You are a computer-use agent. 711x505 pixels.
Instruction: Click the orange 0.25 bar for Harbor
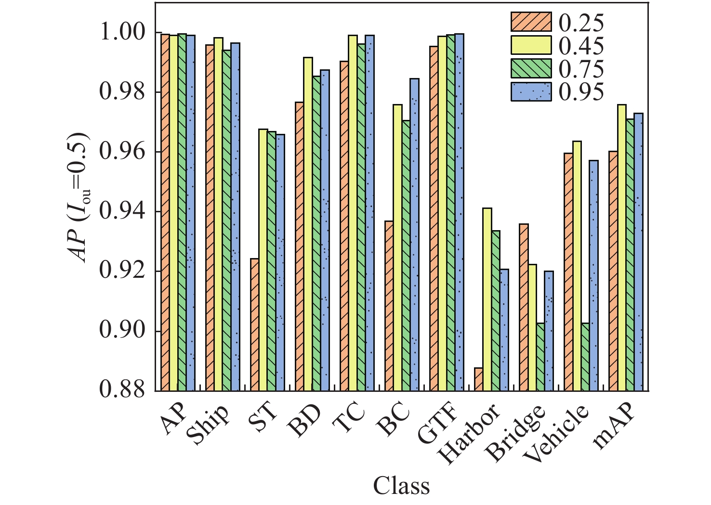pyautogui.click(x=478, y=379)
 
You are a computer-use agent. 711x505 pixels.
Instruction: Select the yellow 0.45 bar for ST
pyautogui.click(x=263, y=260)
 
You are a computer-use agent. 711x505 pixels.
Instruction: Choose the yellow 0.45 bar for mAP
pyautogui.click(x=622, y=247)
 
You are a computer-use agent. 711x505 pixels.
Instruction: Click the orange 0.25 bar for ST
pyautogui.click(x=254, y=324)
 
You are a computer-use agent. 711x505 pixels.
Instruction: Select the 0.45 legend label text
pyautogui.click(x=581, y=46)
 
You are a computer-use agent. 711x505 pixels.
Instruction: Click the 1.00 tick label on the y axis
pyautogui.click(x=122, y=32)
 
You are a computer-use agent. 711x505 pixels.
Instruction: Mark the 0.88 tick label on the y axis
pyautogui.click(x=122, y=390)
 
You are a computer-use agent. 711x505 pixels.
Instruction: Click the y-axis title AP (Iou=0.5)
pyautogui.click(x=82, y=197)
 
